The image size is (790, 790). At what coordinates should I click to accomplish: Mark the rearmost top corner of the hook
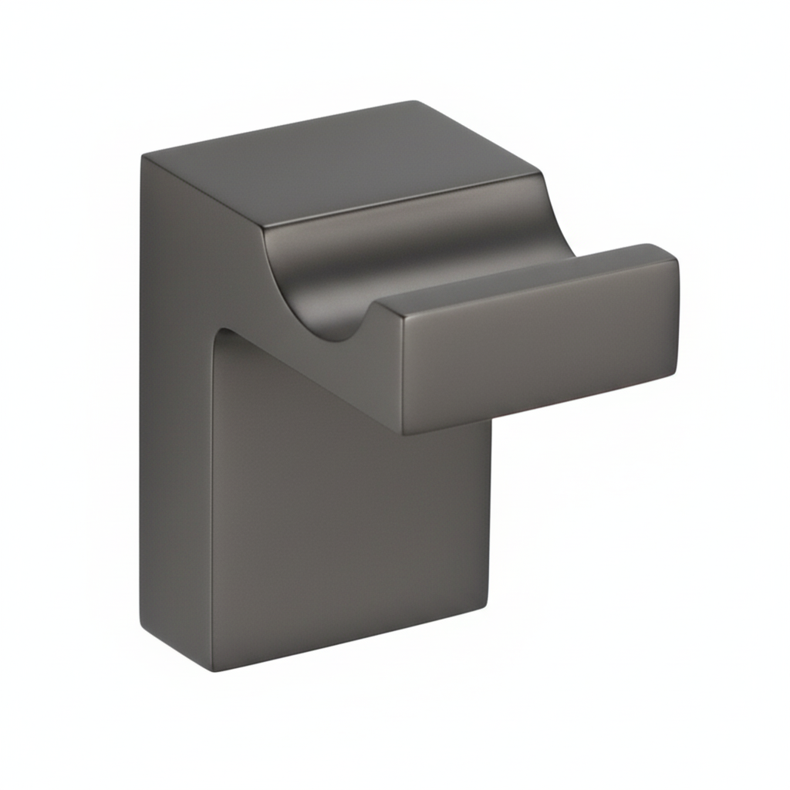[x=414, y=102]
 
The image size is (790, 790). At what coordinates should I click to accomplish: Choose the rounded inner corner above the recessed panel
[x=224, y=333]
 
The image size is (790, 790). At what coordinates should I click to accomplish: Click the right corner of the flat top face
[x=540, y=176]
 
